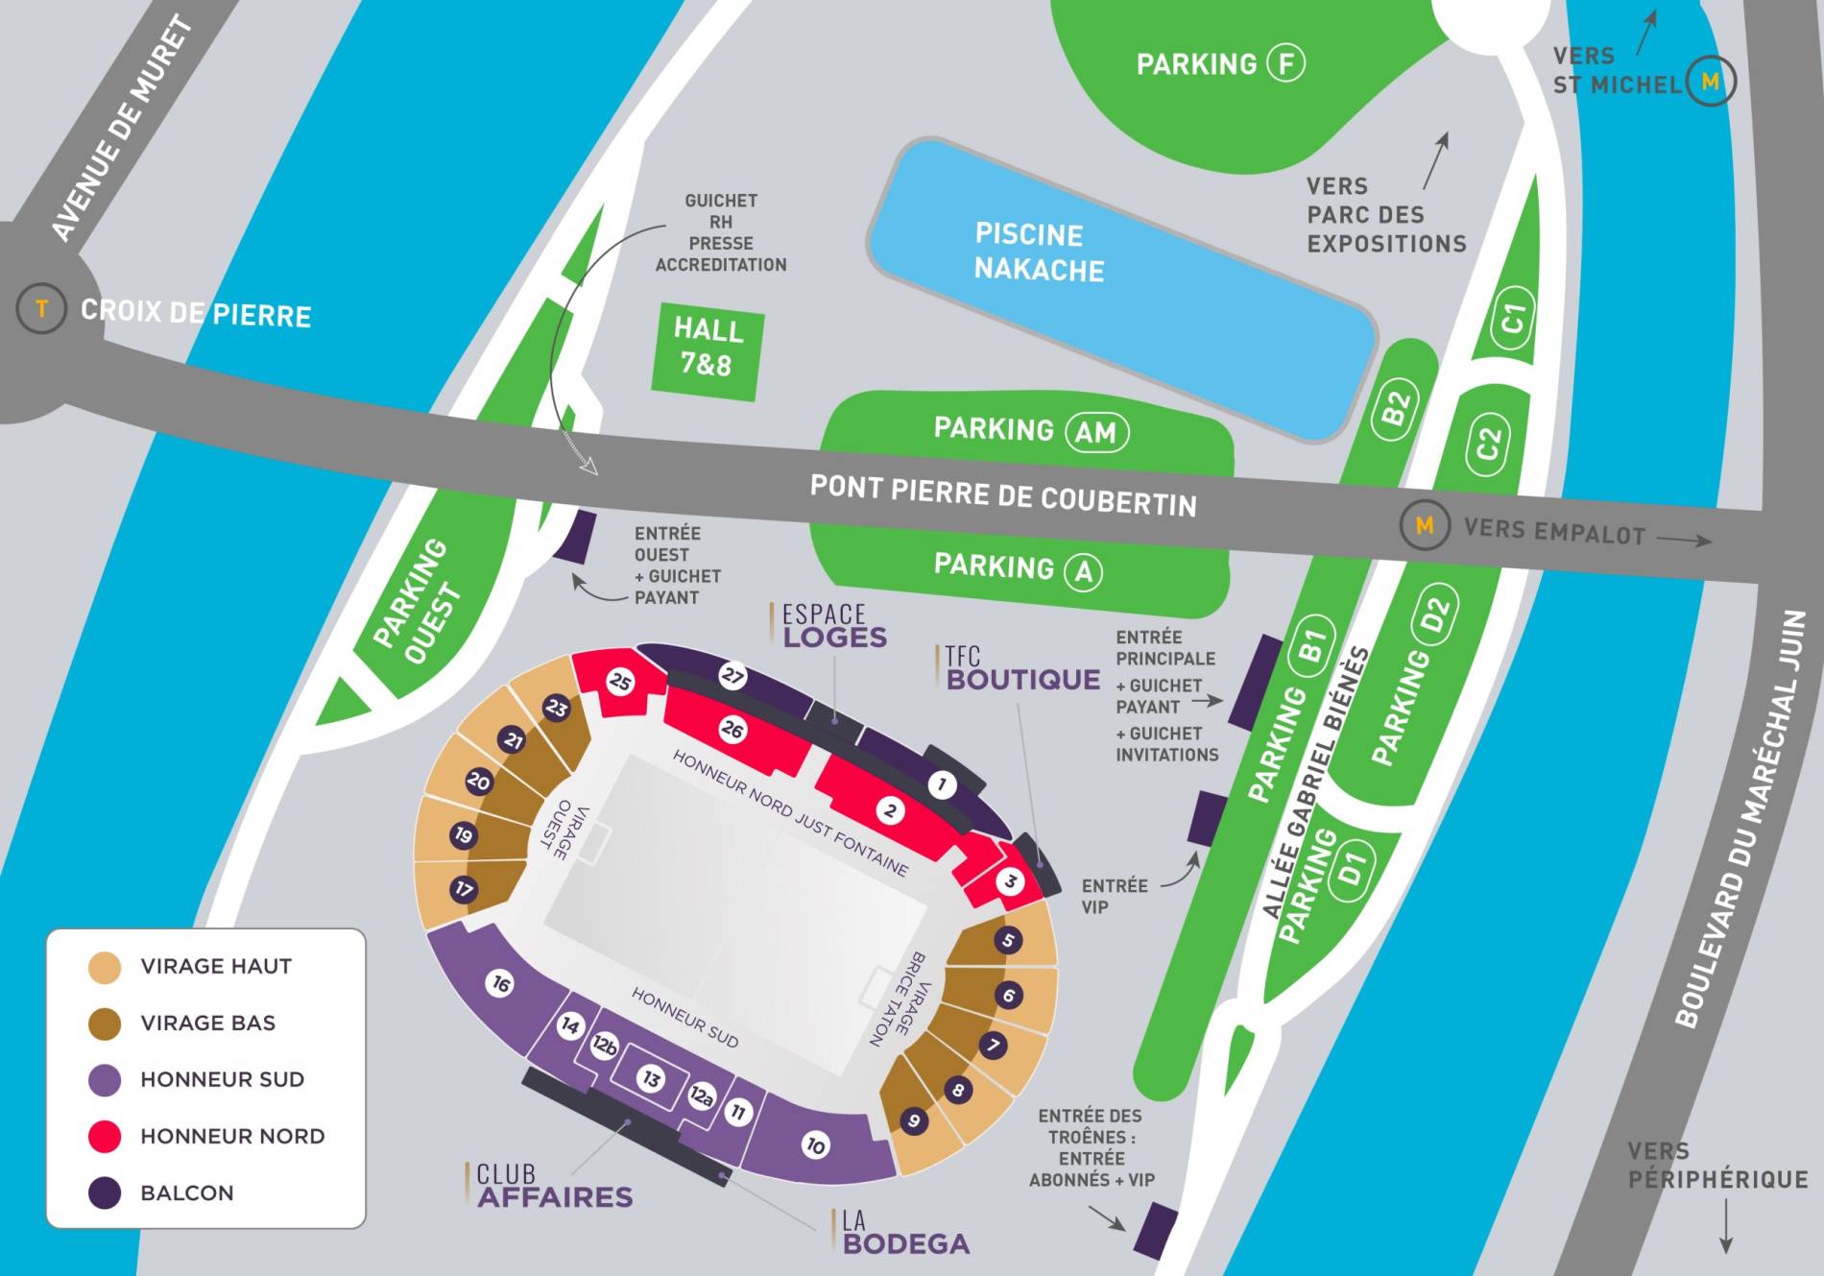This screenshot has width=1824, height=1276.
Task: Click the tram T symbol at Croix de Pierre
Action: coord(41,309)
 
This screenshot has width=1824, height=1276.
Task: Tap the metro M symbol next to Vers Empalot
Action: coord(1425,525)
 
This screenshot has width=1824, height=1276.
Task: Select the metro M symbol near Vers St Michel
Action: coord(1710,82)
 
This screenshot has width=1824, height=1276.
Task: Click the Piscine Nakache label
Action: coord(1038,253)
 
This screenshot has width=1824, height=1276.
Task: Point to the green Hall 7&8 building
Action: coord(708,349)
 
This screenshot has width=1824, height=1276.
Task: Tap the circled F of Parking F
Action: coord(1286,64)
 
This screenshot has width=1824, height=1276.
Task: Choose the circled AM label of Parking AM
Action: coord(1095,432)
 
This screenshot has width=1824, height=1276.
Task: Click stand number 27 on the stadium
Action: coord(732,676)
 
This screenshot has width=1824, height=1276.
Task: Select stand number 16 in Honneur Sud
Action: coord(500,983)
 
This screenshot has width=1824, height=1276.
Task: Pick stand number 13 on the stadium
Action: coord(652,1079)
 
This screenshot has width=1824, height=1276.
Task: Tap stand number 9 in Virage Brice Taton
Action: coord(914,1120)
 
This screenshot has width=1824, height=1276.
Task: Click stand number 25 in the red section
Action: coord(620,683)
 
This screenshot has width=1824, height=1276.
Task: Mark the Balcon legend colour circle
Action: coord(105,1192)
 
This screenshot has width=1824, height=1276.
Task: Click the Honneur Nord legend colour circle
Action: coord(105,1136)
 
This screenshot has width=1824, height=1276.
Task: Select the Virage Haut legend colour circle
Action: coord(105,967)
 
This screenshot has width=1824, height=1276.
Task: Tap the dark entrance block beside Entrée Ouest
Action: coord(575,538)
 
